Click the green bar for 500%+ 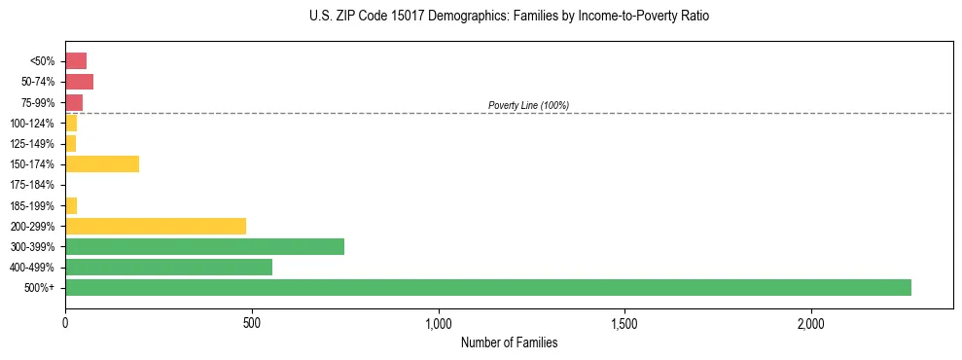coord(488,287)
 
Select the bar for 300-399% coord(204,246)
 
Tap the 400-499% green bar coord(168,267)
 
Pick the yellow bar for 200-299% coord(156,226)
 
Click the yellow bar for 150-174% coord(102,163)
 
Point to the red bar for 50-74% coord(79,81)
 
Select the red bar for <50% coord(76,60)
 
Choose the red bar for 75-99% coord(74,102)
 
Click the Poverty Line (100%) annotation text coord(528,105)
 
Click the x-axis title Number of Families coord(509,342)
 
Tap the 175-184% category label coord(32,185)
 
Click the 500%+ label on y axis coord(40,288)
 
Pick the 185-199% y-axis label coord(32,205)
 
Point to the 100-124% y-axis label coord(32,123)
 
